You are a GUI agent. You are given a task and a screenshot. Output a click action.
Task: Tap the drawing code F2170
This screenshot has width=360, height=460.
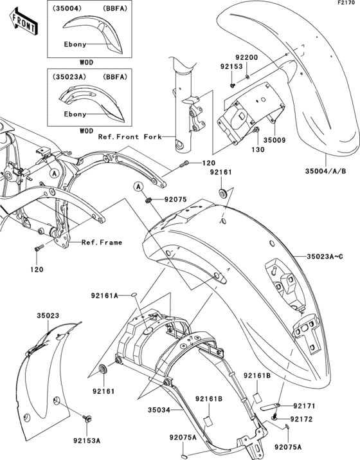coord(348,4)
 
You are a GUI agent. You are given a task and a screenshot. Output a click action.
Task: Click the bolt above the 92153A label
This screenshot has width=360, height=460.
coord(86,419)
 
